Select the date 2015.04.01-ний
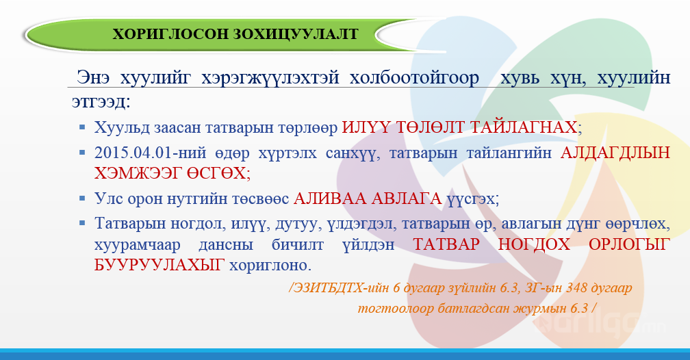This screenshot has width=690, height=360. [150, 153]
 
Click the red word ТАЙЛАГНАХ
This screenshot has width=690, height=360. [523, 127]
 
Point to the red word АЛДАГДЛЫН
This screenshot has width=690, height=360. [615, 153]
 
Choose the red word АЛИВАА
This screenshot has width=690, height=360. [330, 198]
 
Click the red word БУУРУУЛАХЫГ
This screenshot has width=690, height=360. [159, 265]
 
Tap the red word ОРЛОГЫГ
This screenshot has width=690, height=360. [629, 244]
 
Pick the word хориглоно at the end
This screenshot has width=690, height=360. [270, 266]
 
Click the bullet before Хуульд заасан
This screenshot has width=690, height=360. [82, 127]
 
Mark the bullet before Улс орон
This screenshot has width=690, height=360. [82, 199]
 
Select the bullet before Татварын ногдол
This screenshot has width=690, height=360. [82, 224]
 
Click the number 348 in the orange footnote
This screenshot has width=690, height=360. [576, 288]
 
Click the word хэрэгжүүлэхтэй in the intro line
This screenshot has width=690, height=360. [270, 78]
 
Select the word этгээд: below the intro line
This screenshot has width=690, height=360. [101, 102]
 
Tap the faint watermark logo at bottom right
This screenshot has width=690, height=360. [602, 324]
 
